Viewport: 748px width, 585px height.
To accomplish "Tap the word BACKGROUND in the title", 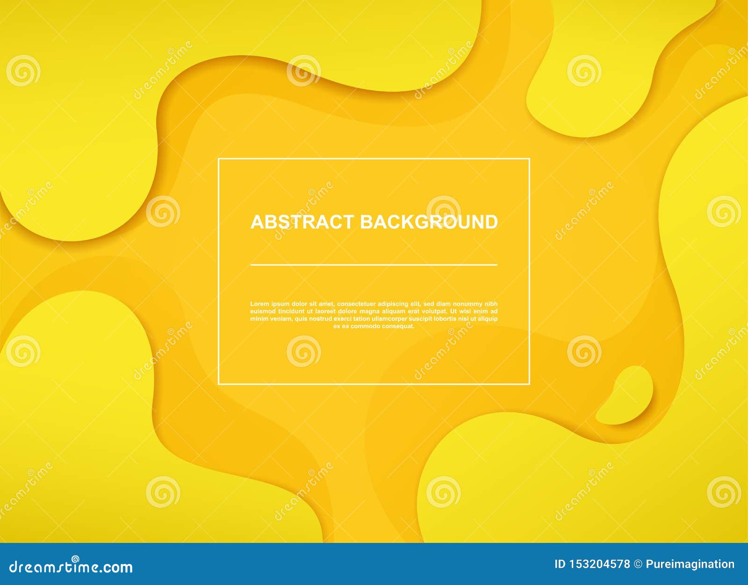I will (x=429, y=222).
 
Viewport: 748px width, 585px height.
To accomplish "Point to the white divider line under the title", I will (x=374, y=265).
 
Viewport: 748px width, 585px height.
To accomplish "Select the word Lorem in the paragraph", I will (x=259, y=304).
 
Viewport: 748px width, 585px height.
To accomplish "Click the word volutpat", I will (x=432, y=311).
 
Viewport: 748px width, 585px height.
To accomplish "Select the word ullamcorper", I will (x=386, y=319).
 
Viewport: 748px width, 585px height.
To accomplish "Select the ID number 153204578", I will (x=599, y=564).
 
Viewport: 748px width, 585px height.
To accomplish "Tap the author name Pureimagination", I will (x=690, y=564).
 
